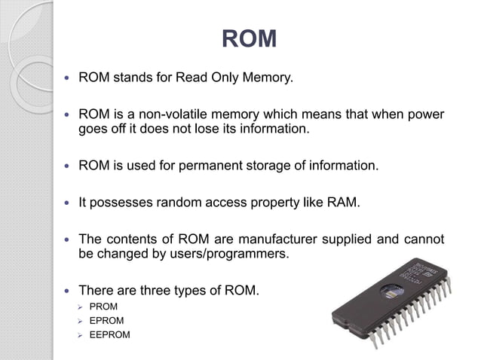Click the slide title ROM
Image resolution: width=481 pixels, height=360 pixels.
tap(250, 38)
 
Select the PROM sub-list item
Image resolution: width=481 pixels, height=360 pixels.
tap(103, 307)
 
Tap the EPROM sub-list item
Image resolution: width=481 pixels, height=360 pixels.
tap(106, 321)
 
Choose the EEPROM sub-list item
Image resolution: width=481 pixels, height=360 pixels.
tap(109, 335)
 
